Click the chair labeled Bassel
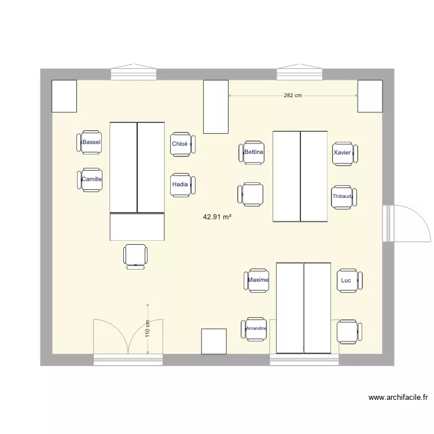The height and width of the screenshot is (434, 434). click(x=90, y=142)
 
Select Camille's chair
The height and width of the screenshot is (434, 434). click(x=90, y=179)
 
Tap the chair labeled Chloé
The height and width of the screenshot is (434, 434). click(x=182, y=144)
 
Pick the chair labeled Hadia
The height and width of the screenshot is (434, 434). click(x=182, y=185)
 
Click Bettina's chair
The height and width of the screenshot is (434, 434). click(x=252, y=152)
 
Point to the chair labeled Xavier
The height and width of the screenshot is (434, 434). click(x=344, y=153)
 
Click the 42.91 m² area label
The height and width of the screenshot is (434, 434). click(x=217, y=218)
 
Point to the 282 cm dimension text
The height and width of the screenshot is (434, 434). click(x=293, y=96)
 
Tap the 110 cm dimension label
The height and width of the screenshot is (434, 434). click(x=148, y=329)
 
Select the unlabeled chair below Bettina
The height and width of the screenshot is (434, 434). click(x=251, y=194)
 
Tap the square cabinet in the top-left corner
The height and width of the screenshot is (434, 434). click(x=64, y=95)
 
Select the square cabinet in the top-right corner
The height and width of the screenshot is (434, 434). click(x=370, y=95)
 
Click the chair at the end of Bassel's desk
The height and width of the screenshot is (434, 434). click(x=135, y=256)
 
